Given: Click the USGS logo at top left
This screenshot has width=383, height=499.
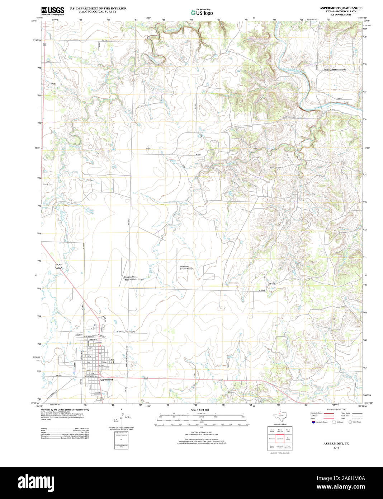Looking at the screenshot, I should click(x=52, y=11).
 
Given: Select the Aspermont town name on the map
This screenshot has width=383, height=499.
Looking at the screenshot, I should click(x=107, y=379).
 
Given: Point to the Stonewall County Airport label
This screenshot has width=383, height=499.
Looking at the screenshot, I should click(x=186, y=268).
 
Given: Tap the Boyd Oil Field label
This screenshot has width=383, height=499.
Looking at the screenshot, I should click(x=276, y=168).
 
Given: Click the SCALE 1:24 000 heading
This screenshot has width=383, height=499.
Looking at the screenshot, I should click(x=200, y=410).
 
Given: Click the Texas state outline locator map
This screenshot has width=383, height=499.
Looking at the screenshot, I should click(x=279, y=417).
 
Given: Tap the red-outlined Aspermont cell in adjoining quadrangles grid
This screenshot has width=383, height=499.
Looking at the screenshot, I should click(x=280, y=439).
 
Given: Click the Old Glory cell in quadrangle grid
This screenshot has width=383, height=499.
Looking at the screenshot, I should click(x=288, y=439).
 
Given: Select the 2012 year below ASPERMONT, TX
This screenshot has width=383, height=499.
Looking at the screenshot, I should click(x=336, y=448).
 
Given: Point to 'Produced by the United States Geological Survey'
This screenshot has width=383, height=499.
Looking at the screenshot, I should click(x=65, y=409).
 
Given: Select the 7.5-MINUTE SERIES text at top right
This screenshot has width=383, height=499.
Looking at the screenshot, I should click(x=339, y=15).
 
